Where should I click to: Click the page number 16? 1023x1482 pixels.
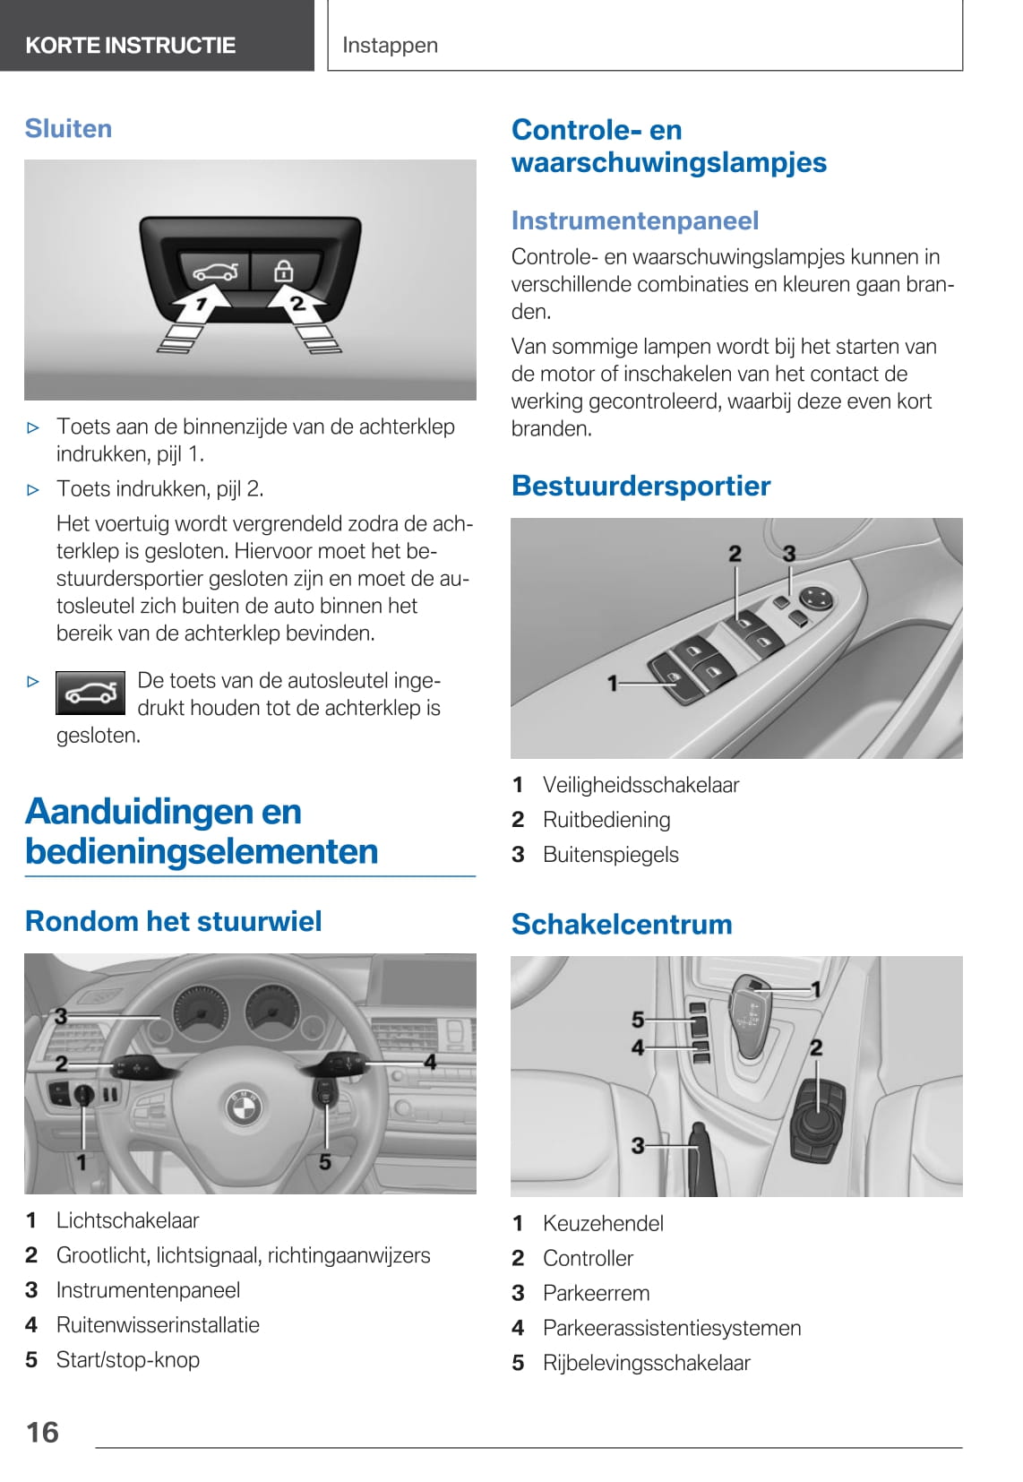click(42, 1432)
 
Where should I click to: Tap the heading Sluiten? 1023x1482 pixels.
click(68, 128)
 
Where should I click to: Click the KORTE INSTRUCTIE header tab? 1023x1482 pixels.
click(131, 45)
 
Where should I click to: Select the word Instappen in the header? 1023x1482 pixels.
click(390, 45)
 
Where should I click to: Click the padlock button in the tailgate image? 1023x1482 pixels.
click(283, 270)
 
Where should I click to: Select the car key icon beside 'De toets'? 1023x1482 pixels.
click(90, 693)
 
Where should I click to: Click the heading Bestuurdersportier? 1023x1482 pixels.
click(640, 486)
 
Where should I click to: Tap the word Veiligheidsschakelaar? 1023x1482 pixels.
click(640, 785)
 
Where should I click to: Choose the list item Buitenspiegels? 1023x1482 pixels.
click(610, 855)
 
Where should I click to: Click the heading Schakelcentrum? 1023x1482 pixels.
click(622, 924)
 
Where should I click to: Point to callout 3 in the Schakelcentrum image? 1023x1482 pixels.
click(638, 1145)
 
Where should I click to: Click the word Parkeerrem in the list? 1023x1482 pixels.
click(596, 1293)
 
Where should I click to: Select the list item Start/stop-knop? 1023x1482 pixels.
click(127, 1359)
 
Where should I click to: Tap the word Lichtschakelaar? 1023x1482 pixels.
click(127, 1219)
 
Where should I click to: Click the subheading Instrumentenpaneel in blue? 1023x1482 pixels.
click(635, 220)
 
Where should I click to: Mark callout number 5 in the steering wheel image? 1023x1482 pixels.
click(324, 1162)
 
